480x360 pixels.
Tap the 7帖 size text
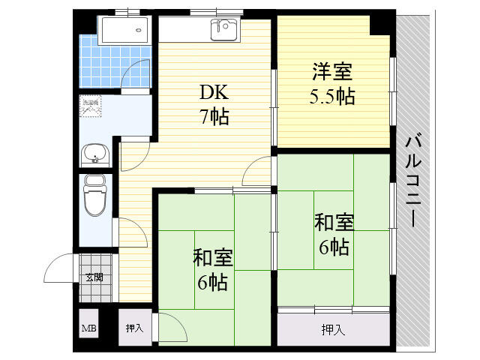tap(214, 117)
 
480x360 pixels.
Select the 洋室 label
tap(332, 73)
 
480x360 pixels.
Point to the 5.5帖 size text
tap(332, 97)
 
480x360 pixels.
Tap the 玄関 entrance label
tap(94, 277)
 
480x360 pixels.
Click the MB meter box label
tap(88, 328)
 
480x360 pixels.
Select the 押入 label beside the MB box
tap(135, 328)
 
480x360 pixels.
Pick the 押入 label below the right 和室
tap(334, 329)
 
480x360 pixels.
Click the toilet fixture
tap(94, 196)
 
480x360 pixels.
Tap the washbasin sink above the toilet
tap(95, 154)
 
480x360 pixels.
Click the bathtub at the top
tap(126, 30)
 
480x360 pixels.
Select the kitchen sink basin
tap(223, 30)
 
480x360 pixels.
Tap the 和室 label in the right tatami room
tap(334, 223)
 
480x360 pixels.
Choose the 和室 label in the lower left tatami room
tap(213, 258)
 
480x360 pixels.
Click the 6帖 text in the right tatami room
tap(334, 247)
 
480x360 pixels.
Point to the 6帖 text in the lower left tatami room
tap(213, 282)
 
